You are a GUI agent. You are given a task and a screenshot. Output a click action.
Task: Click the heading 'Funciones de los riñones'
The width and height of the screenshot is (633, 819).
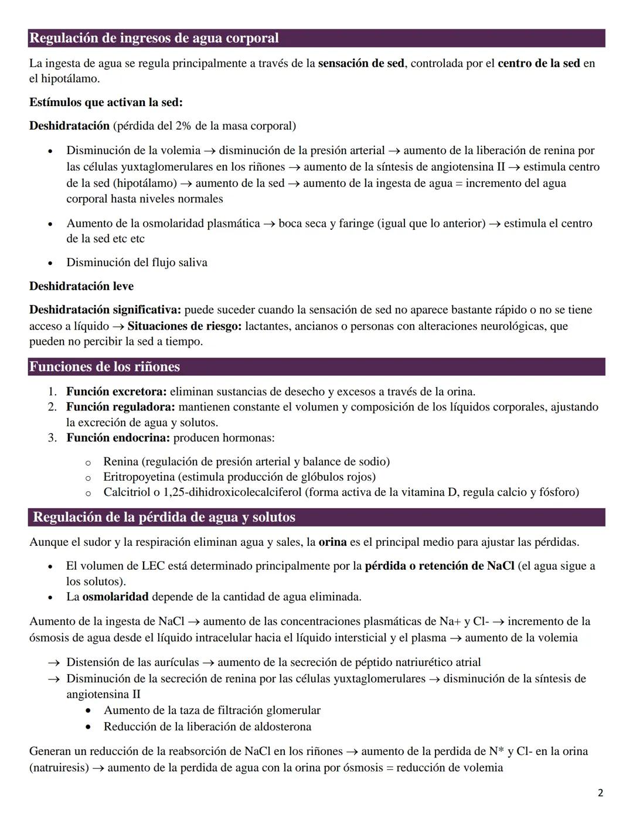[x=104, y=367]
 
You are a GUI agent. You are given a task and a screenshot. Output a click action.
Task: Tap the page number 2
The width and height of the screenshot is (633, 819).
[x=600, y=793]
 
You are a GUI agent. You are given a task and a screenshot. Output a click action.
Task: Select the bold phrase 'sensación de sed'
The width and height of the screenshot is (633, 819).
[x=360, y=63]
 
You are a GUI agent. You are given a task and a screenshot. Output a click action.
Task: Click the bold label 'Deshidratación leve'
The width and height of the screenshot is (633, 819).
[x=81, y=286]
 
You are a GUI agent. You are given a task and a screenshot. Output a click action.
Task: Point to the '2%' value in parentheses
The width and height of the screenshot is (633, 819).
[x=183, y=126]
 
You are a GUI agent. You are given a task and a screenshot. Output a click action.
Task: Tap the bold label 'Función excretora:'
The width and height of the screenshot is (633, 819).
[x=116, y=392]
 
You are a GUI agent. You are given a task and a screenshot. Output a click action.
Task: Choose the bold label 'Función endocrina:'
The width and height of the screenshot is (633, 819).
[x=118, y=438]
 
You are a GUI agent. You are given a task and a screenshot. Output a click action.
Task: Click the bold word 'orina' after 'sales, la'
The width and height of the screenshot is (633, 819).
[x=332, y=542]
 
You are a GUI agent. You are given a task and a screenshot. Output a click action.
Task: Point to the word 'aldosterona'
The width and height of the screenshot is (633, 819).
[x=280, y=727]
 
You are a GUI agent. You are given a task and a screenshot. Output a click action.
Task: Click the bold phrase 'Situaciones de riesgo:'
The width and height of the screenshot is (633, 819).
[x=184, y=326]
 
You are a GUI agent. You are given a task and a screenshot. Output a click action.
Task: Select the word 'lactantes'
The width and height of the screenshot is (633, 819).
[x=267, y=326]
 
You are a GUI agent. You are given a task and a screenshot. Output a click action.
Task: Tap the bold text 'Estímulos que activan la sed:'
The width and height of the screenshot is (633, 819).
[x=106, y=103]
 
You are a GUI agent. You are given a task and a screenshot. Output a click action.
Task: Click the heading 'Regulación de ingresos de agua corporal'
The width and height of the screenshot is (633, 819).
[x=154, y=38]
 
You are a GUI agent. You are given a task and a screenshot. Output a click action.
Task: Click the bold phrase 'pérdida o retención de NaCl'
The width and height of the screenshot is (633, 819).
[x=439, y=566]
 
